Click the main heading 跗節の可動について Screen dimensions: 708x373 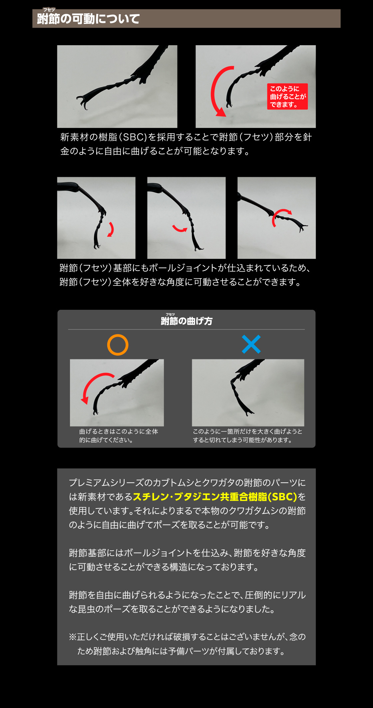coord(88,19)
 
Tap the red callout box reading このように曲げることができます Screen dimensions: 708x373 coord(287,96)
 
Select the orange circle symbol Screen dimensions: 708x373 coord(118,345)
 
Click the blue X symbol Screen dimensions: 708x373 coord(251,344)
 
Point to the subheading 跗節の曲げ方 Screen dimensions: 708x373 coord(186,321)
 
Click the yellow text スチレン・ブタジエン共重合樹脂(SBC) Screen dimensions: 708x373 coord(215,497)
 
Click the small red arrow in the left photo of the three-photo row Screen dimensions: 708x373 coord(111,229)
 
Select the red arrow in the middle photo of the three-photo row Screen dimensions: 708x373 coord(180,229)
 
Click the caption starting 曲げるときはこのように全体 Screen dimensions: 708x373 coord(118,436)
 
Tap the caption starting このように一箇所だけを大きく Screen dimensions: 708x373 coord(247,436)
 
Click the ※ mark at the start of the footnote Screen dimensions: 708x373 coord(73,637)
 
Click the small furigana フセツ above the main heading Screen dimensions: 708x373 coord(49,10)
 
